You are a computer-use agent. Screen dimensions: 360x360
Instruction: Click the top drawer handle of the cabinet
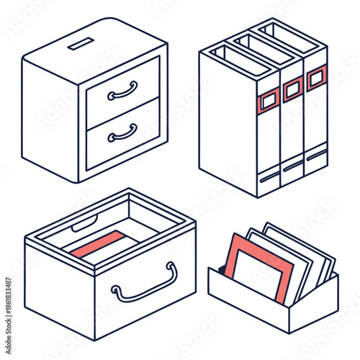pos(122,91)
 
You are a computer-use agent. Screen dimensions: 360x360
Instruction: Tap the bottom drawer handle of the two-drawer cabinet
pos(122,133)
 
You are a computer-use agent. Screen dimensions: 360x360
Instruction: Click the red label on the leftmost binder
pos(269,102)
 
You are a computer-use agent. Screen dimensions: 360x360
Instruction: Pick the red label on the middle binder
pos(292,89)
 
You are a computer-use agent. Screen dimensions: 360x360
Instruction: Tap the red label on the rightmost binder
pos(317,76)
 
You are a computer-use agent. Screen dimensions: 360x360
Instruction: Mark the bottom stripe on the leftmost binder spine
pos(269,175)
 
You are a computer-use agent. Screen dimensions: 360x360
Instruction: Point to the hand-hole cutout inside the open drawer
pos(84,224)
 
